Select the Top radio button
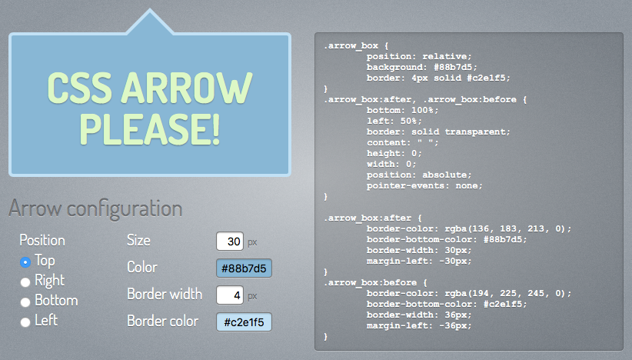(25, 262)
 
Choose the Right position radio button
(25, 282)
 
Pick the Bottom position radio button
(25, 302)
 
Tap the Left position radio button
(25, 322)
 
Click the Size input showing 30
(230, 241)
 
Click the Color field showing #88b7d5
(244, 268)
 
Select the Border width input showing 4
(230, 295)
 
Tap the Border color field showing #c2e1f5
(244, 322)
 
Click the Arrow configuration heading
(95, 208)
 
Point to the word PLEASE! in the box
(149, 128)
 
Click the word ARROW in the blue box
(187, 88)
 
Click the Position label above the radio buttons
(42, 240)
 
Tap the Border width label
(165, 294)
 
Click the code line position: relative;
(419, 56)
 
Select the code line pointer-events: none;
(424, 186)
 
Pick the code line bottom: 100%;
(402, 111)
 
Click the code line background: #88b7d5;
(421, 68)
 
